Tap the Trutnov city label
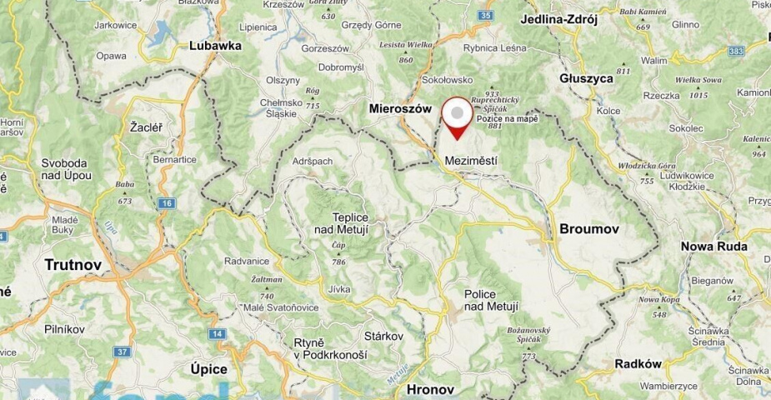73,265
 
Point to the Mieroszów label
404,110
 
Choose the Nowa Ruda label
713,247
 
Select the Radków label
637,363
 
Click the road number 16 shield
168,203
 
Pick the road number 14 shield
218,334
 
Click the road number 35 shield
486,16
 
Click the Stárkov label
384,336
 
